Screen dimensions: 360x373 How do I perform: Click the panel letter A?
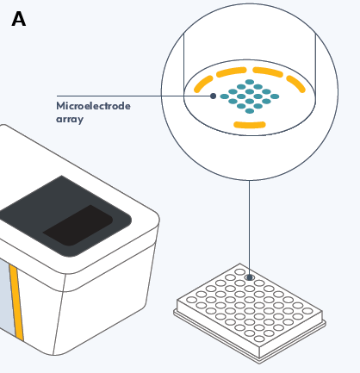(x=19, y=19)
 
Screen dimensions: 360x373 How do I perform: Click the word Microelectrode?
(x=93, y=106)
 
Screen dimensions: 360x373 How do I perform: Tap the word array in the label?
(x=70, y=119)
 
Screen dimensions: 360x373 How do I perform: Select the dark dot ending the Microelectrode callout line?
(x=213, y=96)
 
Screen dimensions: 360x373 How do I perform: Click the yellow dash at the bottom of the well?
(x=250, y=125)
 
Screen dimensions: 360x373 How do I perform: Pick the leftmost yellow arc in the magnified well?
(x=203, y=84)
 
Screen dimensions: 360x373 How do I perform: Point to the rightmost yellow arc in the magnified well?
(x=296, y=84)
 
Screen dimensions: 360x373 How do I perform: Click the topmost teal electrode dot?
(x=250, y=82)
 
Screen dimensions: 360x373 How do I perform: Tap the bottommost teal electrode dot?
(x=250, y=111)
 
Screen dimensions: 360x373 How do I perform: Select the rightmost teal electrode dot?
(x=275, y=96)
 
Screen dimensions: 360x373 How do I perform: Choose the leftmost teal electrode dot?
(x=225, y=96)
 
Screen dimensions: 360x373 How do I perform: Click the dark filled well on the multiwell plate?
(x=250, y=277)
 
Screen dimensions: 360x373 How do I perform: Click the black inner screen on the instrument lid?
(x=78, y=226)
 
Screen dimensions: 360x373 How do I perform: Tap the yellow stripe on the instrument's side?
(x=16, y=302)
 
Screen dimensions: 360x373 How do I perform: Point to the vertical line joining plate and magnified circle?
(x=249, y=227)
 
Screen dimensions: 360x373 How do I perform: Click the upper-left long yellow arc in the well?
(x=232, y=71)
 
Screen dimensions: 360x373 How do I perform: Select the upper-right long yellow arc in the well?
(x=268, y=71)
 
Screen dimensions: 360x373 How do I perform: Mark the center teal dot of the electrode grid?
(x=250, y=96)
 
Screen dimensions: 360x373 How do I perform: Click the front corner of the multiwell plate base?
(x=259, y=363)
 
